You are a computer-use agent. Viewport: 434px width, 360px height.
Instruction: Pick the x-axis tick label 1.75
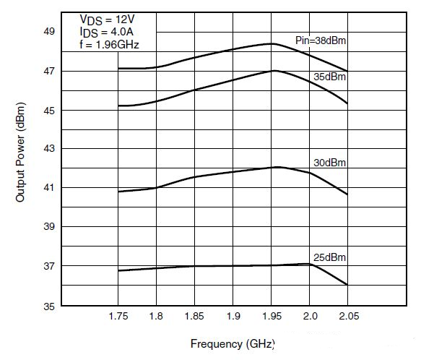click(x=117, y=317)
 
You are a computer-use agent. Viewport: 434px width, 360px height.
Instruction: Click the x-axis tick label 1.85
click(x=194, y=317)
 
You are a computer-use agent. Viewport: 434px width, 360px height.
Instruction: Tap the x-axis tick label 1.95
click(x=272, y=317)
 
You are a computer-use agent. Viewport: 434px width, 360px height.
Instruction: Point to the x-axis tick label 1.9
click(x=233, y=317)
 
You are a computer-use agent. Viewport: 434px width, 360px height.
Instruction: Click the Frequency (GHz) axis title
click(x=233, y=343)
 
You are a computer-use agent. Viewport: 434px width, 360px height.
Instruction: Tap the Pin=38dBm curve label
click(x=321, y=40)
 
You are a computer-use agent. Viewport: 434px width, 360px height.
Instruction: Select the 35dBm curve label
click(x=331, y=76)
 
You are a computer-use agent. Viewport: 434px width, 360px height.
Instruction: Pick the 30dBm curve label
click(x=331, y=163)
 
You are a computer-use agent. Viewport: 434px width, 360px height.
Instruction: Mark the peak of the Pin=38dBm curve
click(x=272, y=43)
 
